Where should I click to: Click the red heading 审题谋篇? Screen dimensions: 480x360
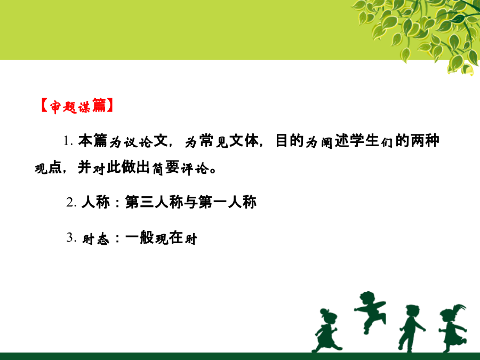click(78, 106)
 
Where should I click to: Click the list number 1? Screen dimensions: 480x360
click(68, 141)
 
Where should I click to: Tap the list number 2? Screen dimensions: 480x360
click(71, 202)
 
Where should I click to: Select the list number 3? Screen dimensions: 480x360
click(71, 237)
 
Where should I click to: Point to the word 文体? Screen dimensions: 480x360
click(244, 141)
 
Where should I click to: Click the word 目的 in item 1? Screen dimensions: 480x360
click(289, 141)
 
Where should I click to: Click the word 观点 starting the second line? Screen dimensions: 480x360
click(48, 168)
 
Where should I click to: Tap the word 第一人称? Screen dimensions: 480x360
click(227, 202)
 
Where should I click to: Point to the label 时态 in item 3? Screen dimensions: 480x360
click(95, 239)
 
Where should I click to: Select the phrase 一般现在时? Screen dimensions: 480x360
click(161, 238)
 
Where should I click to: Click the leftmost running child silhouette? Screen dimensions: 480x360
click(326, 330)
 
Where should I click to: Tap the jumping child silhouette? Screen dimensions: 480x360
click(370, 312)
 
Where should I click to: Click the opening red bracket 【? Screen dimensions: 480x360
click(44, 106)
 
